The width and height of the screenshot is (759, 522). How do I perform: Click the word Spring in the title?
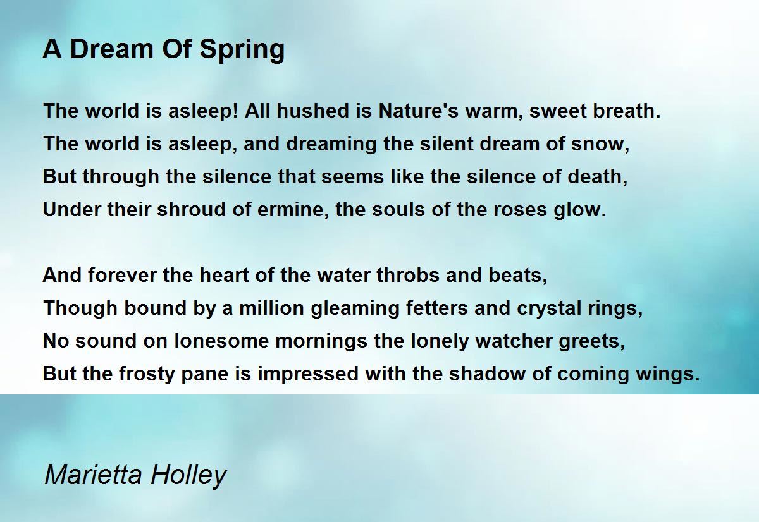point(242,50)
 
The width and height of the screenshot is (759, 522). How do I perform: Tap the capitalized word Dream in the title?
point(112,49)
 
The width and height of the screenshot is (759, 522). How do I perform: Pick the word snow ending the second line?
point(598,144)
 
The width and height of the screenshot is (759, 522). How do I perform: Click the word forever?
point(122,275)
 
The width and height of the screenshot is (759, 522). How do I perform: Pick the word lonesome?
point(221,341)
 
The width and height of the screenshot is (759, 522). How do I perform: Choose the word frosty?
point(146,374)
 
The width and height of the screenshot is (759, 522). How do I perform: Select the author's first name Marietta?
point(93,475)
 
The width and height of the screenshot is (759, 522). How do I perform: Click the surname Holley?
point(188,476)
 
